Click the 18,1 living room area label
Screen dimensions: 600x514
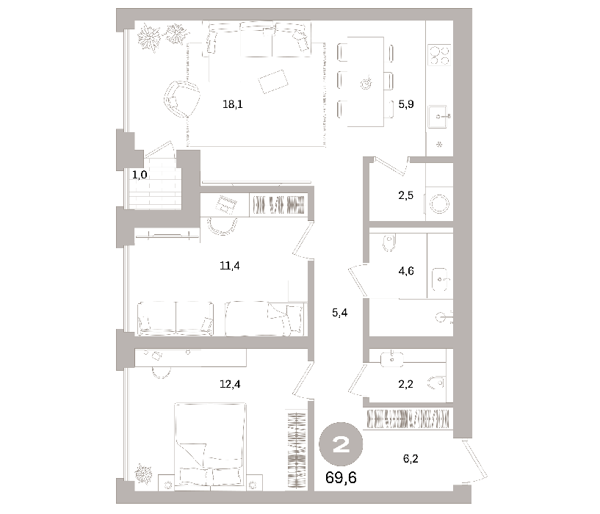click(x=233, y=104)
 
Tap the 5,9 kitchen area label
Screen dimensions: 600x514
click(x=406, y=104)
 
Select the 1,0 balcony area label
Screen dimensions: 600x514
click(x=140, y=175)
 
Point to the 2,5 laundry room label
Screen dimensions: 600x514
click(x=405, y=195)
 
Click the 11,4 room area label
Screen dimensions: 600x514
click(x=230, y=265)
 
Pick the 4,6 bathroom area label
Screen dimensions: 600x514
click(x=406, y=271)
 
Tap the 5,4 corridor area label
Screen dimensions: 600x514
click(x=340, y=313)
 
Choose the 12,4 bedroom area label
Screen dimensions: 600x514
click(x=230, y=384)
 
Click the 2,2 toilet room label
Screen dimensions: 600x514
click(x=405, y=384)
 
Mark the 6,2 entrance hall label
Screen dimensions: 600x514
click(x=411, y=458)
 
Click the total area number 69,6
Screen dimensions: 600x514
click(x=341, y=477)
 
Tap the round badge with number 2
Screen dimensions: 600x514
click(x=341, y=444)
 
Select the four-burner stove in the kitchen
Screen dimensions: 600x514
click(x=439, y=55)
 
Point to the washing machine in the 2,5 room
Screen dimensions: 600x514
click(x=439, y=203)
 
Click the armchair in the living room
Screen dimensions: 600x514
click(x=181, y=99)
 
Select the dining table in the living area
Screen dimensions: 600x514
click(x=366, y=82)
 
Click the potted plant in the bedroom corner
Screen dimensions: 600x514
click(x=144, y=474)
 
